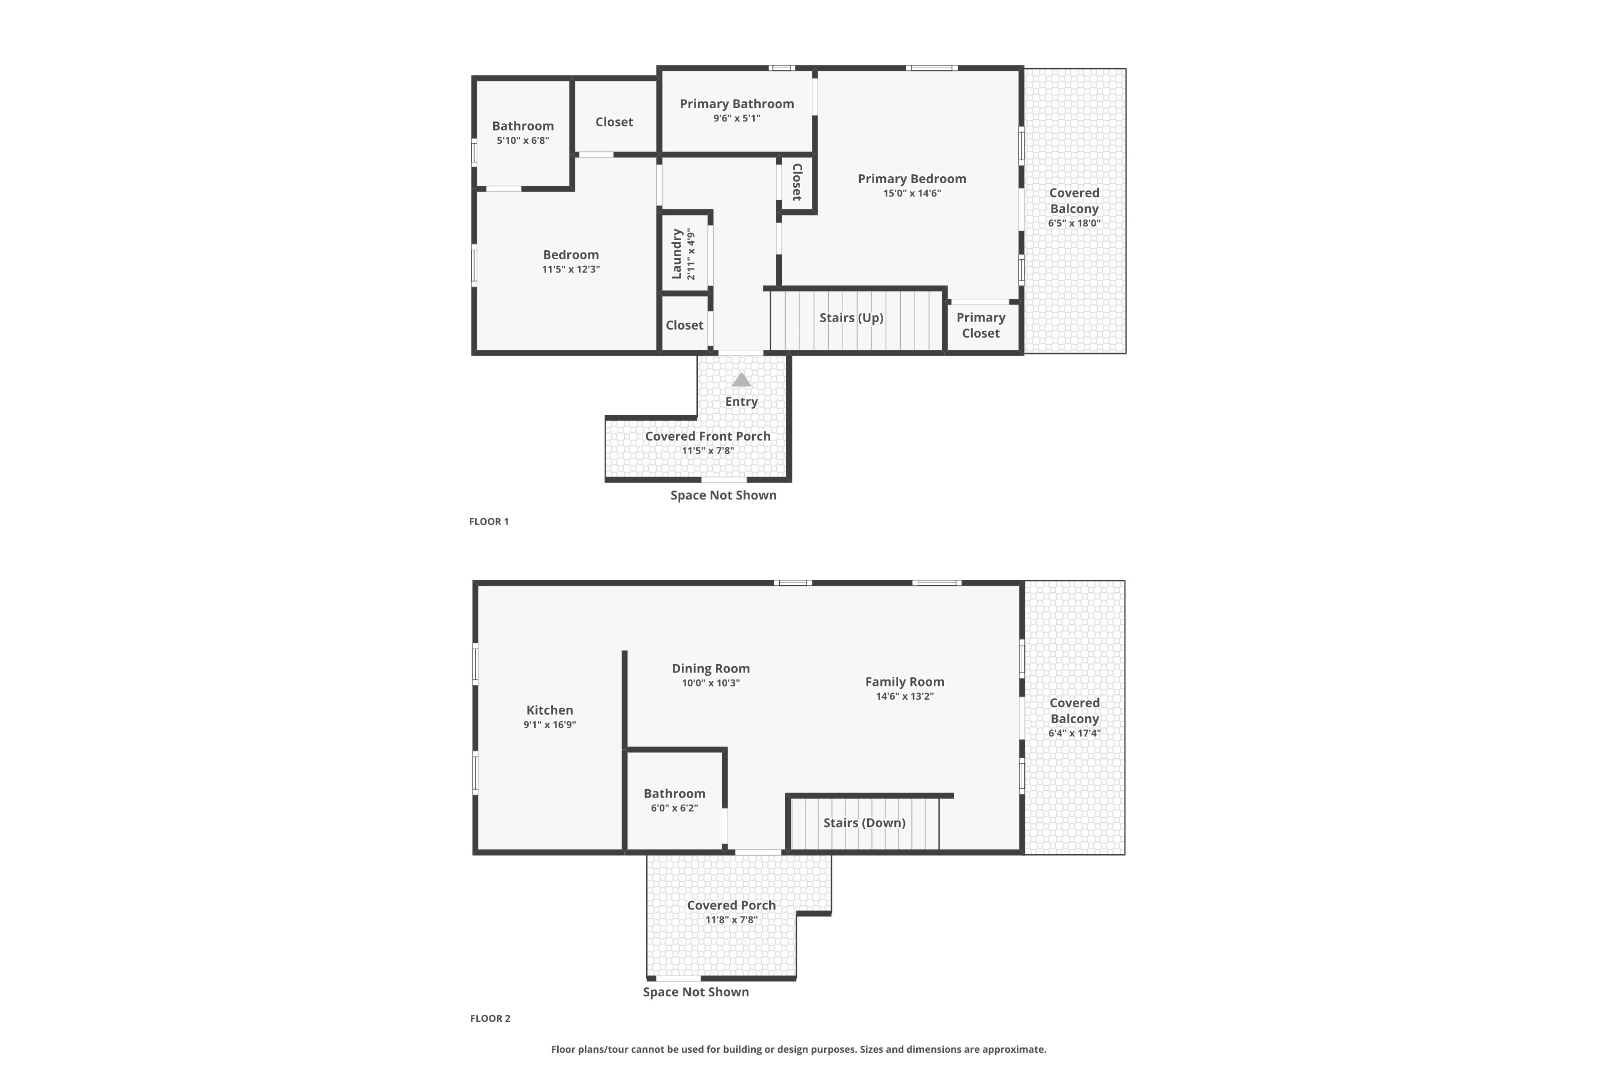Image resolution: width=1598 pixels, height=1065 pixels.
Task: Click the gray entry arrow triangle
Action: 741,379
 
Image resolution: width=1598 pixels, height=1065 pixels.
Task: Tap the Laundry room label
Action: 676,254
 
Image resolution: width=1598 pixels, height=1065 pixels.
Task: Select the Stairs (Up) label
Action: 851,318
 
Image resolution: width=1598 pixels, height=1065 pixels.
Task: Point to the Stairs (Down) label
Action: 864,823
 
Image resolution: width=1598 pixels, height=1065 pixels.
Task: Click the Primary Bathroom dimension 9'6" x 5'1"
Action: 737,118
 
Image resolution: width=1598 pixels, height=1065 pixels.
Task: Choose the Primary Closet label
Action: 981,325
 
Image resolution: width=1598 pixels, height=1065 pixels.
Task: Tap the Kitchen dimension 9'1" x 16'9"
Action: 550,725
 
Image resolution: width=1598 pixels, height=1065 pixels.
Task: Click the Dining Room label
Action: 711,668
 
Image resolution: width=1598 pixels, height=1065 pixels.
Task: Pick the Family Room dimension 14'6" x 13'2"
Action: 905,696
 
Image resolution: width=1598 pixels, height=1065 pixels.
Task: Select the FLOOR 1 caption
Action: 488,522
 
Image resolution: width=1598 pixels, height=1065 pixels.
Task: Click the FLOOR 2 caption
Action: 490,1018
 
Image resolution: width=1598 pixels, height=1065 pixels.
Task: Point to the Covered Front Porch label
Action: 708,436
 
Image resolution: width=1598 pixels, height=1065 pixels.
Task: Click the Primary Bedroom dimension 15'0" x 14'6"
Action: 912,194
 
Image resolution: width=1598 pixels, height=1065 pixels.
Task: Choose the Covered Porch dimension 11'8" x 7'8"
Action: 731,920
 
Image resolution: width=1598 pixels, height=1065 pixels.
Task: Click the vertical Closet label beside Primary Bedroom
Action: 797,182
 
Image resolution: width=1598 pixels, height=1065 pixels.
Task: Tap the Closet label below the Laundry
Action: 684,325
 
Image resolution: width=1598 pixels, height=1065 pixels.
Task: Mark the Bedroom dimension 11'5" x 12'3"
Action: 570,269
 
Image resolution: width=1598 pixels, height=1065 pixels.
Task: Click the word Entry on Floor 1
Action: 741,402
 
